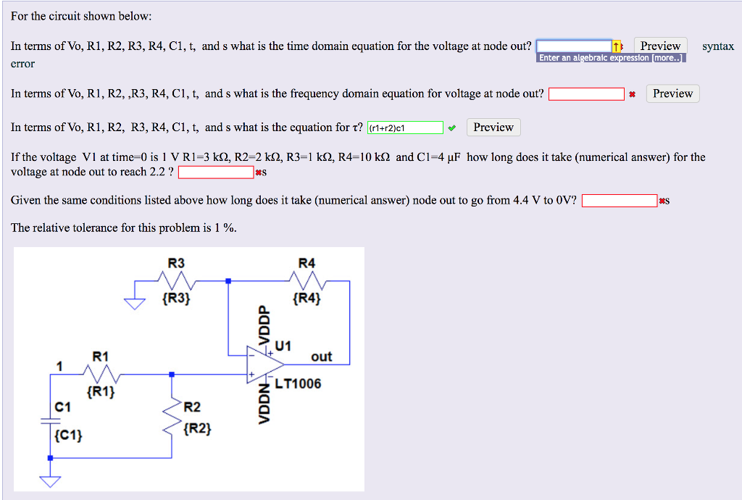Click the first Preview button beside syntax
tap(660, 46)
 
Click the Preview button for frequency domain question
tap(672, 93)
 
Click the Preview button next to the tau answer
tap(493, 128)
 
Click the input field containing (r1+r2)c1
tap(405, 128)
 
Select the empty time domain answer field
tap(574, 46)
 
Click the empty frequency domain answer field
tap(586, 94)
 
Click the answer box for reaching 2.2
tap(216, 172)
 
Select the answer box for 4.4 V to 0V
tap(620, 201)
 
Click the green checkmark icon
tap(452, 128)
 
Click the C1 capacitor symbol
tap(50, 422)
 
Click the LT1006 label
tap(298, 383)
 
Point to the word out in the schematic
tap(321, 357)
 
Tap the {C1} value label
tap(68, 436)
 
